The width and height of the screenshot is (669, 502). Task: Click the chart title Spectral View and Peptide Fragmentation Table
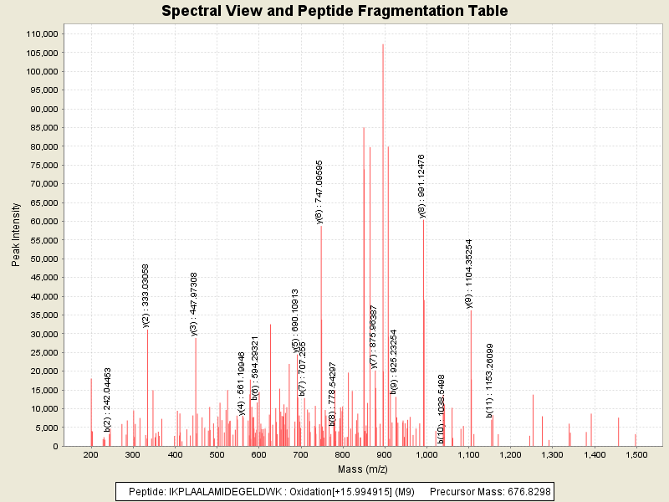pyautogui.click(x=334, y=11)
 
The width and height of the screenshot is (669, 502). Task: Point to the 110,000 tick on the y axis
pyautogui.click(x=41, y=33)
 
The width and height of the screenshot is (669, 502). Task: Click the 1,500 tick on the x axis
pyautogui.click(x=636, y=454)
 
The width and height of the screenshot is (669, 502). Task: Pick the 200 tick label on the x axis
pyautogui.click(x=91, y=454)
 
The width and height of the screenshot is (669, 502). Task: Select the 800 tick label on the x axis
pyautogui.click(x=343, y=454)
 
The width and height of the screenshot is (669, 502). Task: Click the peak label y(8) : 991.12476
pyautogui.click(x=421, y=187)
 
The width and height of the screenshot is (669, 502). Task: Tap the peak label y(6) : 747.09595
pyautogui.click(x=319, y=192)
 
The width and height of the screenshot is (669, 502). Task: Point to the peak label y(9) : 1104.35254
pyautogui.click(x=469, y=274)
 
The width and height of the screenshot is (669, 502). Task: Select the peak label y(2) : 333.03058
pyautogui.click(x=146, y=295)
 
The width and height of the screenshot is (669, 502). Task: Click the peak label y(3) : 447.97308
pyautogui.click(x=194, y=304)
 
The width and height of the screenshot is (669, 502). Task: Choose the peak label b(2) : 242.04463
pyautogui.click(x=108, y=400)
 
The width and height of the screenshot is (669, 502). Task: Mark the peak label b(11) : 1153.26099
pyautogui.click(x=490, y=380)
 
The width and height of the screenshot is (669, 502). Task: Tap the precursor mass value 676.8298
pyautogui.click(x=527, y=491)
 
